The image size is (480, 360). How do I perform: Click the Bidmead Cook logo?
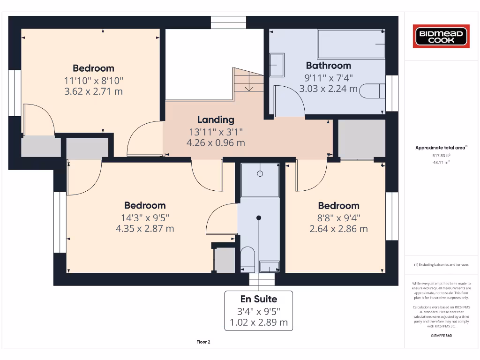coord(441,37)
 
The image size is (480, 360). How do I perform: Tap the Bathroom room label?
coord(328,66)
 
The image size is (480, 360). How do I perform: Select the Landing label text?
coord(215,120)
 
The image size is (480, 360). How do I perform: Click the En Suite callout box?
coord(259,310)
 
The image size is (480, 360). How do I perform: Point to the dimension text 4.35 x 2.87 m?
coord(145,229)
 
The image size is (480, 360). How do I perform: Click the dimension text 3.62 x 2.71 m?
coord(93,91)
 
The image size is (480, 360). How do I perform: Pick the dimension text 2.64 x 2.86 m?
coord(338,229)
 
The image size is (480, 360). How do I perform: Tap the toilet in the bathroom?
coord(372,91)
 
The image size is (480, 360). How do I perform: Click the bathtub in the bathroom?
coord(351,44)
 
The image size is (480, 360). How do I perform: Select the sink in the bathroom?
coord(277,65)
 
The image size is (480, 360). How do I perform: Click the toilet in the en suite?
coord(247,259)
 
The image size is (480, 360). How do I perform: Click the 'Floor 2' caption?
coord(203,342)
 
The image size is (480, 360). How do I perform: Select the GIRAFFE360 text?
coord(441,336)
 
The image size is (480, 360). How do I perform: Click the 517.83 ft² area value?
coord(441,155)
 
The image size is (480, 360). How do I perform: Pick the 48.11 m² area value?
coord(441,163)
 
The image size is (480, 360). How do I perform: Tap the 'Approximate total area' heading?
coord(441,148)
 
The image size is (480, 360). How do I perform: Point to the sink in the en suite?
coord(270,267)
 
